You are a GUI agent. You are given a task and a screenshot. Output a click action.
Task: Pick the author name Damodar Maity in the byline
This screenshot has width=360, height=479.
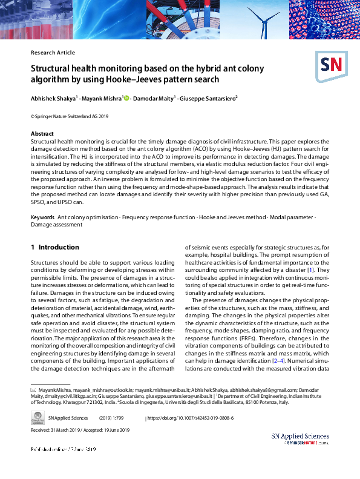154,97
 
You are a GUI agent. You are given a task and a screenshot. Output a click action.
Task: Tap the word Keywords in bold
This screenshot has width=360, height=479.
42,217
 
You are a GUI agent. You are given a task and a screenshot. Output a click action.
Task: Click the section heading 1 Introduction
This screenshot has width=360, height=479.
55,247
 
